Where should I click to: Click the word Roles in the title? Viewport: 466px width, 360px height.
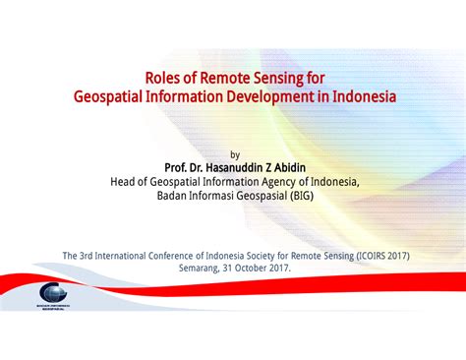tap(166, 78)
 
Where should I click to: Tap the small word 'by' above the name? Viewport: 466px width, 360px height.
tap(234, 154)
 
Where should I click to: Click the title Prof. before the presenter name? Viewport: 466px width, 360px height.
tap(180, 168)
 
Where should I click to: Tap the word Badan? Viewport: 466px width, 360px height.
tap(175, 196)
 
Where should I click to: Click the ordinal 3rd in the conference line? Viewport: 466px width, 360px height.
tap(91, 256)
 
